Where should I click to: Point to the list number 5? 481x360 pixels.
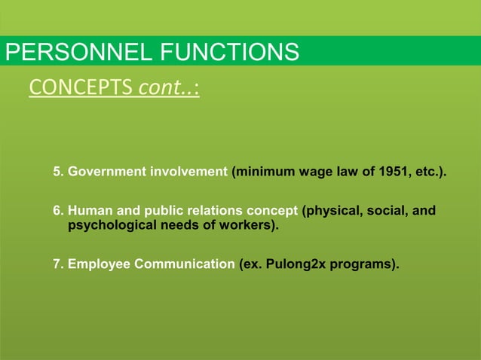click(x=57, y=172)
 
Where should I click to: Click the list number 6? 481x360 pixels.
click(x=57, y=210)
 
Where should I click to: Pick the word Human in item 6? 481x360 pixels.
click(x=88, y=210)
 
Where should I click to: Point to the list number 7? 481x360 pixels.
click(x=57, y=264)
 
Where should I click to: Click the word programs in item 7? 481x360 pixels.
click(x=363, y=264)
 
